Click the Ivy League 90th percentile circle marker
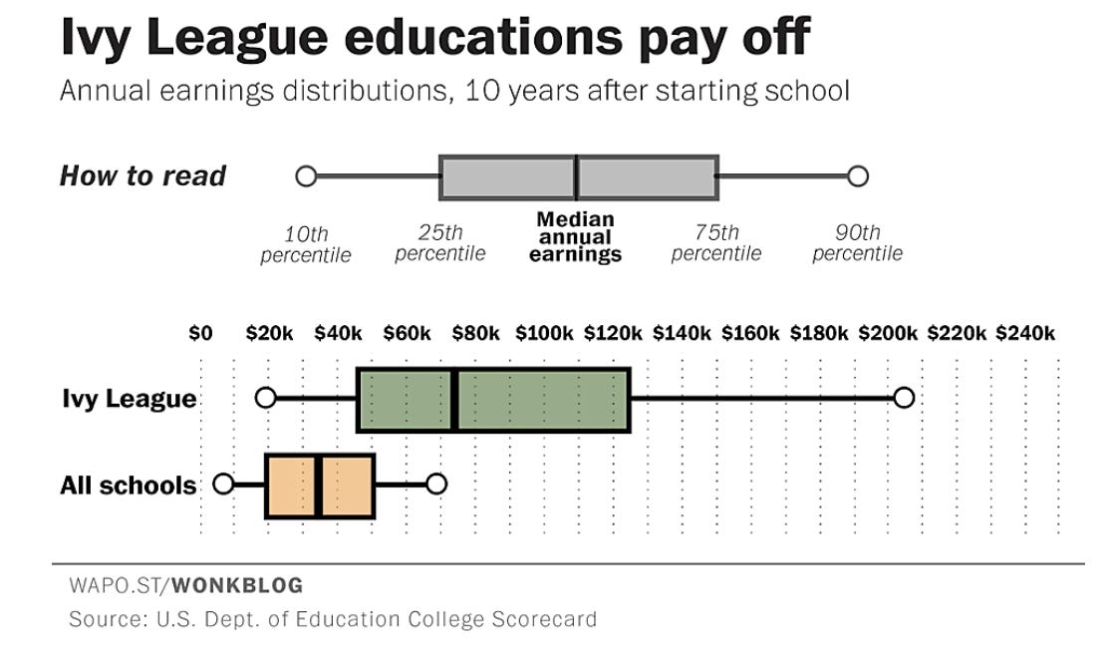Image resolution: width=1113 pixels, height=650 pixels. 903,398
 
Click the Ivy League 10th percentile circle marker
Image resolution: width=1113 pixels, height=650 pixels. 265,398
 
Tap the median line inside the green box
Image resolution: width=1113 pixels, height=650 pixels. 454,400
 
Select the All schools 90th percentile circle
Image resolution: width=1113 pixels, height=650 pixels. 435,485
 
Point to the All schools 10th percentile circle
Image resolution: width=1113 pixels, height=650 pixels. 223,485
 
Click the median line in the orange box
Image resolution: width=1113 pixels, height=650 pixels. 318,486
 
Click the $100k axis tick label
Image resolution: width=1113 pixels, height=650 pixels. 544,333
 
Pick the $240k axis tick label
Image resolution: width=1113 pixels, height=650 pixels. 1024,333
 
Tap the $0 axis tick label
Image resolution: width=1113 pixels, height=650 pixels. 200,333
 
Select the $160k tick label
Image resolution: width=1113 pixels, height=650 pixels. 750,333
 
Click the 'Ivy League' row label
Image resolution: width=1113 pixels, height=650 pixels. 129,399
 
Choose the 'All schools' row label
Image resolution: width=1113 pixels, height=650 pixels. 129,486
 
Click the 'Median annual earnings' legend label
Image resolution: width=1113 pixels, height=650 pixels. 575,237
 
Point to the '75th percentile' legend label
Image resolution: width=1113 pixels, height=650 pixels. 716,243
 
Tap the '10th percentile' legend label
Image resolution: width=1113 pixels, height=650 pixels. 306,244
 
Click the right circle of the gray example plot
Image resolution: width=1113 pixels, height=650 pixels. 858,176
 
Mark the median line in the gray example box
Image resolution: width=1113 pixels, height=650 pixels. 576,177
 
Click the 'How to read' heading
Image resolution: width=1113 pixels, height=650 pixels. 143,176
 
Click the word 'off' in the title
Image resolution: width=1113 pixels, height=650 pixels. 769,38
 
